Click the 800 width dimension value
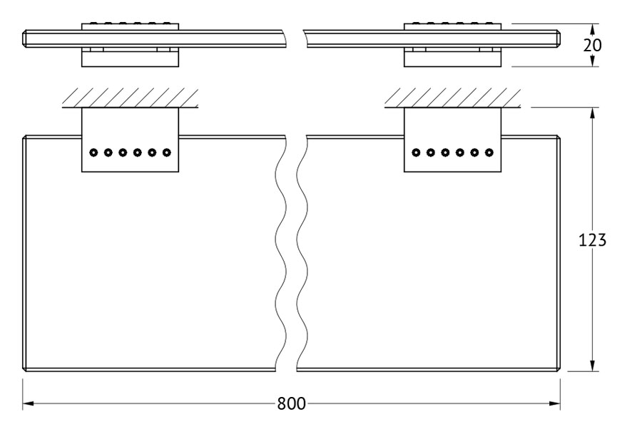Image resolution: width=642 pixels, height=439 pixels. tap(291, 404)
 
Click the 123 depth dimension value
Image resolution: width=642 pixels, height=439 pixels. tap(592, 240)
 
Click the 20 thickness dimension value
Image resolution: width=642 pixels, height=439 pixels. tap(593, 45)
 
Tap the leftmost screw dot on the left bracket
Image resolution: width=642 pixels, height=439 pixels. tap(93, 153)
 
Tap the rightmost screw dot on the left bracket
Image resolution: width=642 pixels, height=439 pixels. tap(166, 153)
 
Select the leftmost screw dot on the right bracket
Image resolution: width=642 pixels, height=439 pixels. tap(416, 153)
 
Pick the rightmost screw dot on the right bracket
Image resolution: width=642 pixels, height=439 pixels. tap(489, 153)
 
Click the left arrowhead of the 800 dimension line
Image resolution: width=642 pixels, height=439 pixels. tap(28, 404)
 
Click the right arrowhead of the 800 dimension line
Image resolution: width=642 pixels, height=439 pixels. tap(555, 404)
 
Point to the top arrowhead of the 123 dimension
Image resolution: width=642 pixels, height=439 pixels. tap(592, 113)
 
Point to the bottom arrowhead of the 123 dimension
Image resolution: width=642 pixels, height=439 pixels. tap(592, 366)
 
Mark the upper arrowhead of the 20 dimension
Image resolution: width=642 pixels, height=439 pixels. tap(592, 29)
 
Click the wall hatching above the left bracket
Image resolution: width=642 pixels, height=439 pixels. tap(131, 98)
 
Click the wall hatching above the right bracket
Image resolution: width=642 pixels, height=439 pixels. tap(452, 98)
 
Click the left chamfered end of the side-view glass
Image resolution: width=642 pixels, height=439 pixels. tap(24, 37)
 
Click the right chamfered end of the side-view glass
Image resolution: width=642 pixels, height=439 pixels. tap(559, 37)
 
